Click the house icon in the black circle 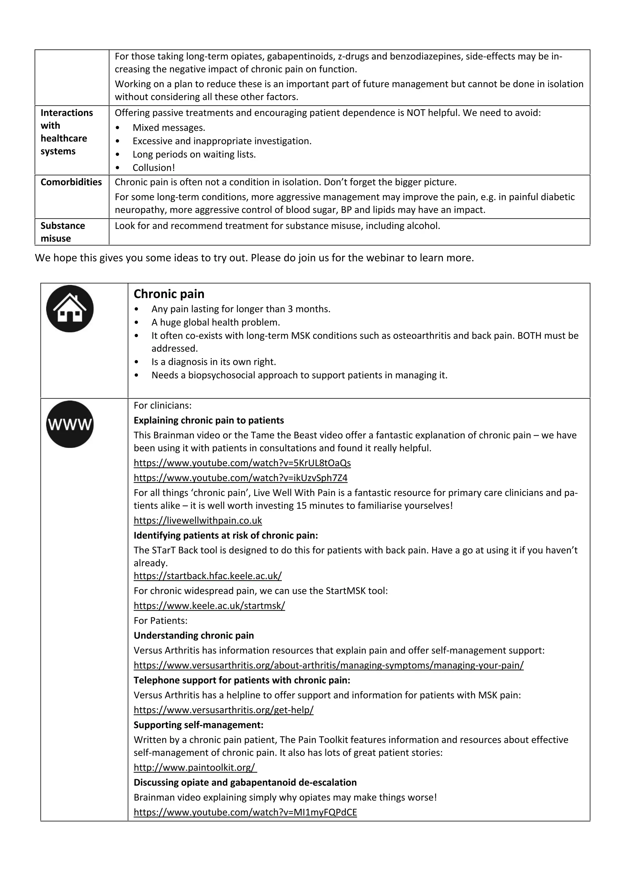point(70,309)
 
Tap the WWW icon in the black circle point(70,424)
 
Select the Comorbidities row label point(71,182)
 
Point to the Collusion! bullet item point(154,168)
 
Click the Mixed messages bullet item point(168,128)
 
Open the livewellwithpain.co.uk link point(197,520)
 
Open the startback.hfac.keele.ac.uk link point(208,576)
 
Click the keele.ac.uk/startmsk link point(209,606)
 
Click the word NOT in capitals point(416,113)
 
